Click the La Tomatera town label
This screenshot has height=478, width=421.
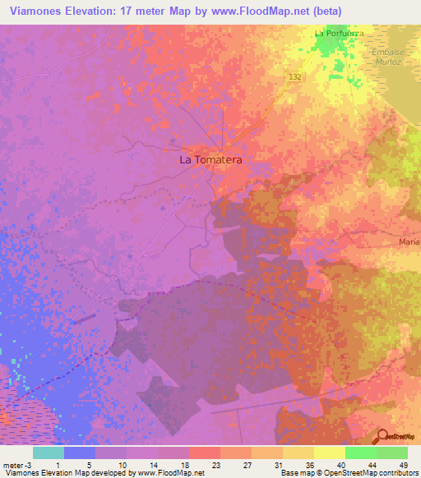pyautogui.click(x=210, y=160)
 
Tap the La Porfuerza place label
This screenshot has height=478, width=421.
pyautogui.click(x=339, y=33)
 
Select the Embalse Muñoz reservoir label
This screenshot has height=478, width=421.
pyautogui.click(x=381, y=56)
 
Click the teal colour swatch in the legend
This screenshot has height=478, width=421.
pyautogui.click(x=48, y=453)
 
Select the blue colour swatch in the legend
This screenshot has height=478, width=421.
pyautogui.click(x=79, y=453)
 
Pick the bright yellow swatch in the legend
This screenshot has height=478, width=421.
pyautogui.click(x=329, y=453)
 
